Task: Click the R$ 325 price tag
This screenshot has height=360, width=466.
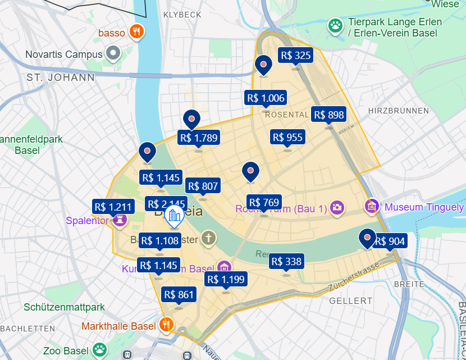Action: tap(295, 55)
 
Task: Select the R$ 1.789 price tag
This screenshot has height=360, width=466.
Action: tap(198, 137)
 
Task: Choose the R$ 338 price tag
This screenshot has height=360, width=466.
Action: tap(286, 261)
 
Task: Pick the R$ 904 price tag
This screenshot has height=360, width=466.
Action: tap(390, 241)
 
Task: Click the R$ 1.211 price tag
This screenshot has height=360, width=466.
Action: tap(113, 207)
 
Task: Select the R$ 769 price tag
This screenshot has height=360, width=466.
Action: tap(264, 202)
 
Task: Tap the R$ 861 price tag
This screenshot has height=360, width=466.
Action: tap(179, 294)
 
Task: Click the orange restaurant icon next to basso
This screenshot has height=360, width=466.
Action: tap(136, 32)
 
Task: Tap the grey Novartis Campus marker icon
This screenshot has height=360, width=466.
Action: tap(113, 54)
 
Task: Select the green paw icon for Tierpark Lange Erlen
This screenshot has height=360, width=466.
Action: tap(336, 25)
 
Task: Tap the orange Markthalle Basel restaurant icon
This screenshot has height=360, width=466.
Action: tap(166, 324)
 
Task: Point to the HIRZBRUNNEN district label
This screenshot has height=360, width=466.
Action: tap(398, 111)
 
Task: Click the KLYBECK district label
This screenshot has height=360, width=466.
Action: tap(181, 14)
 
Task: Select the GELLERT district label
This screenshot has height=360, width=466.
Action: tap(352, 300)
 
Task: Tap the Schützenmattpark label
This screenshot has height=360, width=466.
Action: tap(64, 307)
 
